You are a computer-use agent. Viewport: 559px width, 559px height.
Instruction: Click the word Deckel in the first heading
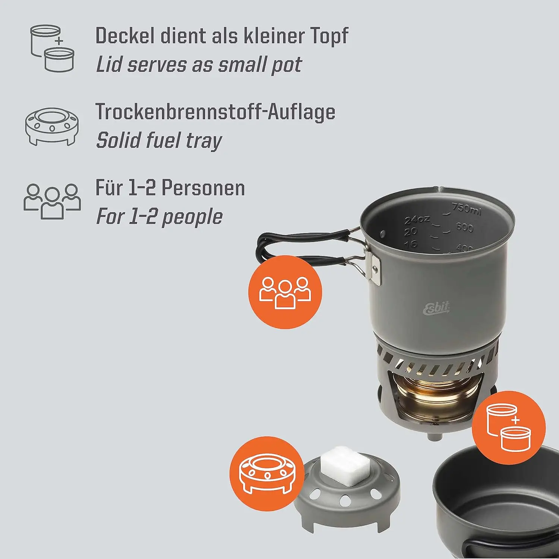pyautogui.click(x=124, y=36)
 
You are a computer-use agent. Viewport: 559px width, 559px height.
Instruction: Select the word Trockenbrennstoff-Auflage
pyautogui.click(x=215, y=112)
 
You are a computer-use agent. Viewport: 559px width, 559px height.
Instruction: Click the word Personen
pyautogui.click(x=203, y=188)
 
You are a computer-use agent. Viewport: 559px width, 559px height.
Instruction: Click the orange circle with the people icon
pyautogui.click(x=285, y=292)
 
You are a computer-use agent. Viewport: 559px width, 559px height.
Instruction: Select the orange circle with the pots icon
pyautogui.click(x=509, y=427)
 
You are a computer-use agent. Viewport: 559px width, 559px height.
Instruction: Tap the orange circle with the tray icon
pyautogui.click(x=266, y=473)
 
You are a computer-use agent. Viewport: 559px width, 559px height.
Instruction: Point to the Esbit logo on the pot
pyautogui.click(x=436, y=308)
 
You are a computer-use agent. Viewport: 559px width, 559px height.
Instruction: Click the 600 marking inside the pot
pyautogui.click(x=464, y=227)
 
